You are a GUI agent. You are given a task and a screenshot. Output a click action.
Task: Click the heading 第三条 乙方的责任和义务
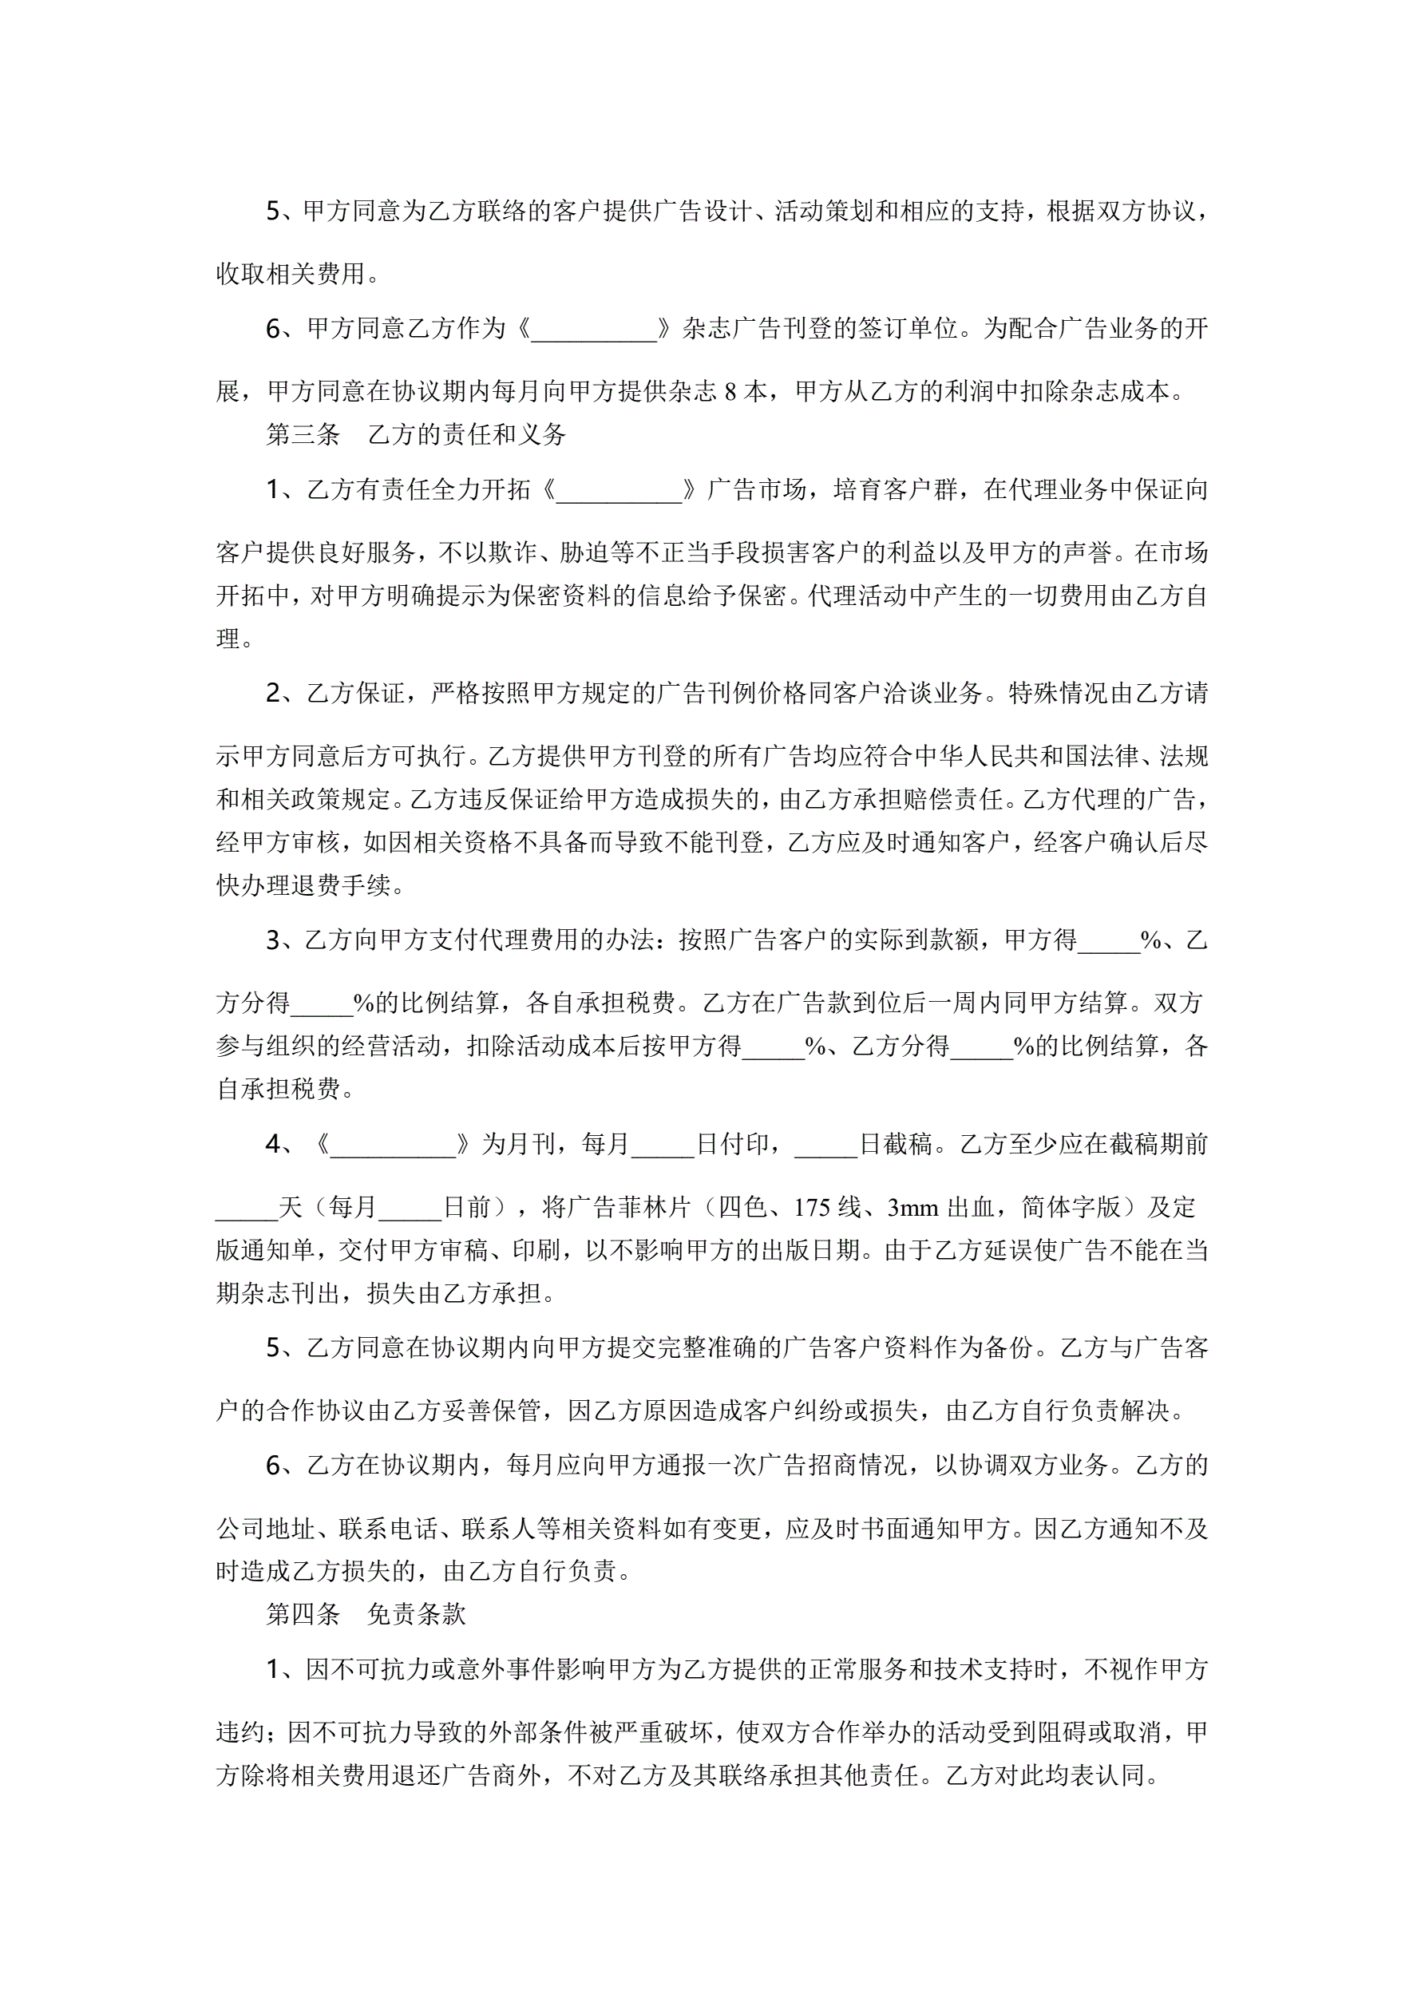[416, 434]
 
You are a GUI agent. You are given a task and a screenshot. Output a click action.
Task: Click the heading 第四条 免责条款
[365, 1614]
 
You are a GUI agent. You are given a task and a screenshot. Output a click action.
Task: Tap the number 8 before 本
[730, 391]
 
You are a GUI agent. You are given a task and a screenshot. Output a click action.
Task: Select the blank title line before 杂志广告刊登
[594, 330]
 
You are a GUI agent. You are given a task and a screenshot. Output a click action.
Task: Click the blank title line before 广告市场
[619, 489]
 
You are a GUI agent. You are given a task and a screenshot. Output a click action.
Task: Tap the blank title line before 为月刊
[392, 1145]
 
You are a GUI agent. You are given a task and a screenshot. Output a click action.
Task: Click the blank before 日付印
[663, 1145]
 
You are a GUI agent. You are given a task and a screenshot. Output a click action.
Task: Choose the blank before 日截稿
[825, 1145]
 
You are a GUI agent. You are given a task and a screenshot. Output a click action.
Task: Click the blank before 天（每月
[247, 1208]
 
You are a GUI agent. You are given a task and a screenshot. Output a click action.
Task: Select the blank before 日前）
[410, 1208]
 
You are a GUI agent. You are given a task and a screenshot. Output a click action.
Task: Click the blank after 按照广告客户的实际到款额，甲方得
[1108, 940]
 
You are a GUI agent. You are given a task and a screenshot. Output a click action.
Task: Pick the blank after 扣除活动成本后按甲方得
[773, 1046]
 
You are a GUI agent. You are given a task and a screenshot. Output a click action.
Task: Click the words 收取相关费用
[291, 274]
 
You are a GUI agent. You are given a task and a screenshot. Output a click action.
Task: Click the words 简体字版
[1071, 1208]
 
